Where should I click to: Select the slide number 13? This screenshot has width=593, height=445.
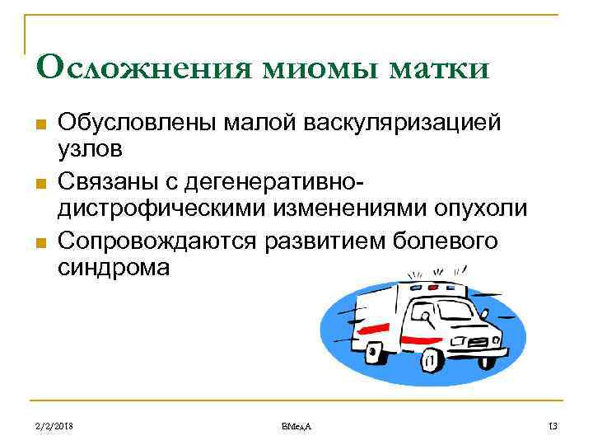553,424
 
